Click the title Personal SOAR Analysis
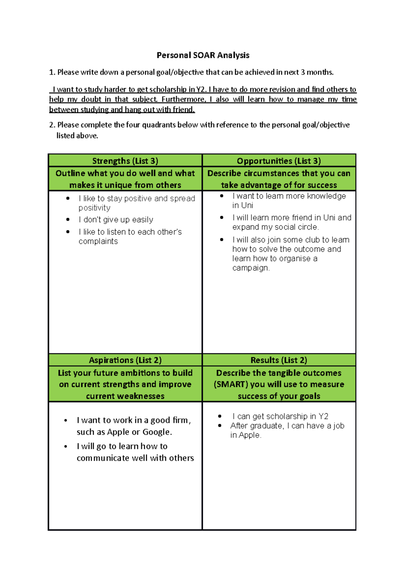pyautogui.click(x=203, y=55)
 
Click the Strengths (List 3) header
pyautogui.click(x=125, y=161)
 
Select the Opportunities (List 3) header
pyautogui.click(x=279, y=161)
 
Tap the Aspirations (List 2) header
pyautogui.click(x=125, y=360)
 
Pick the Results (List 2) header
pyautogui.click(x=279, y=360)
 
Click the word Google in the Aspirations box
pyautogui.click(x=156, y=432)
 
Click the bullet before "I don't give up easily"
pyautogui.click(x=68, y=220)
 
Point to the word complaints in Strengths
pyautogui.click(x=98, y=241)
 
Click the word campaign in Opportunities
pyautogui.click(x=250, y=268)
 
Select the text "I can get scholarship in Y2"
pyautogui.click(x=280, y=416)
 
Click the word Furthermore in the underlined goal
pyautogui.click(x=183, y=100)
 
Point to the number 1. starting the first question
pyautogui.click(x=52, y=72)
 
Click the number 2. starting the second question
pyautogui.click(x=52, y=125)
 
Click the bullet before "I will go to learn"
pyautogui.click(x=66, y=447)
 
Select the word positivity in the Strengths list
pyautogui.click(x=94, y=208)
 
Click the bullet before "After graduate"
pyautogui.click(x=220, y=426)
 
